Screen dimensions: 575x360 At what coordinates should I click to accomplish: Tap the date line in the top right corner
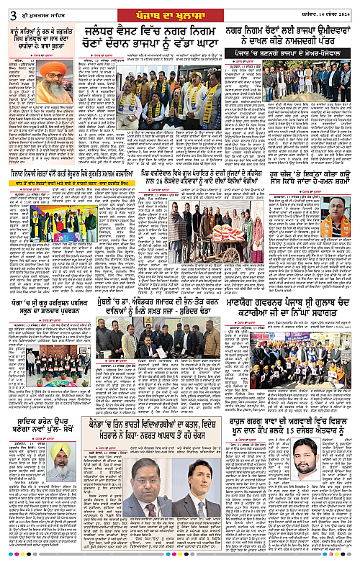[323, 9]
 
